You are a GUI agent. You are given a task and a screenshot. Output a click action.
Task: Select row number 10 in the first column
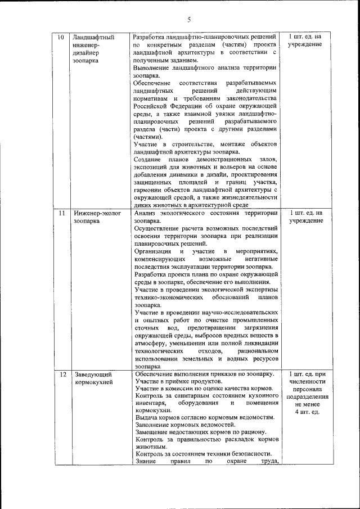(x=62, y=37)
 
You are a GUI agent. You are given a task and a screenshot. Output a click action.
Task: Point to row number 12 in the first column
(x=62, y=374)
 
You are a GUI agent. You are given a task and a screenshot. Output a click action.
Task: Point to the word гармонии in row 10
(x=150, y=190)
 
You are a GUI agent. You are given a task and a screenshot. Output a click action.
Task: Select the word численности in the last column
(x=307, y=382)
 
